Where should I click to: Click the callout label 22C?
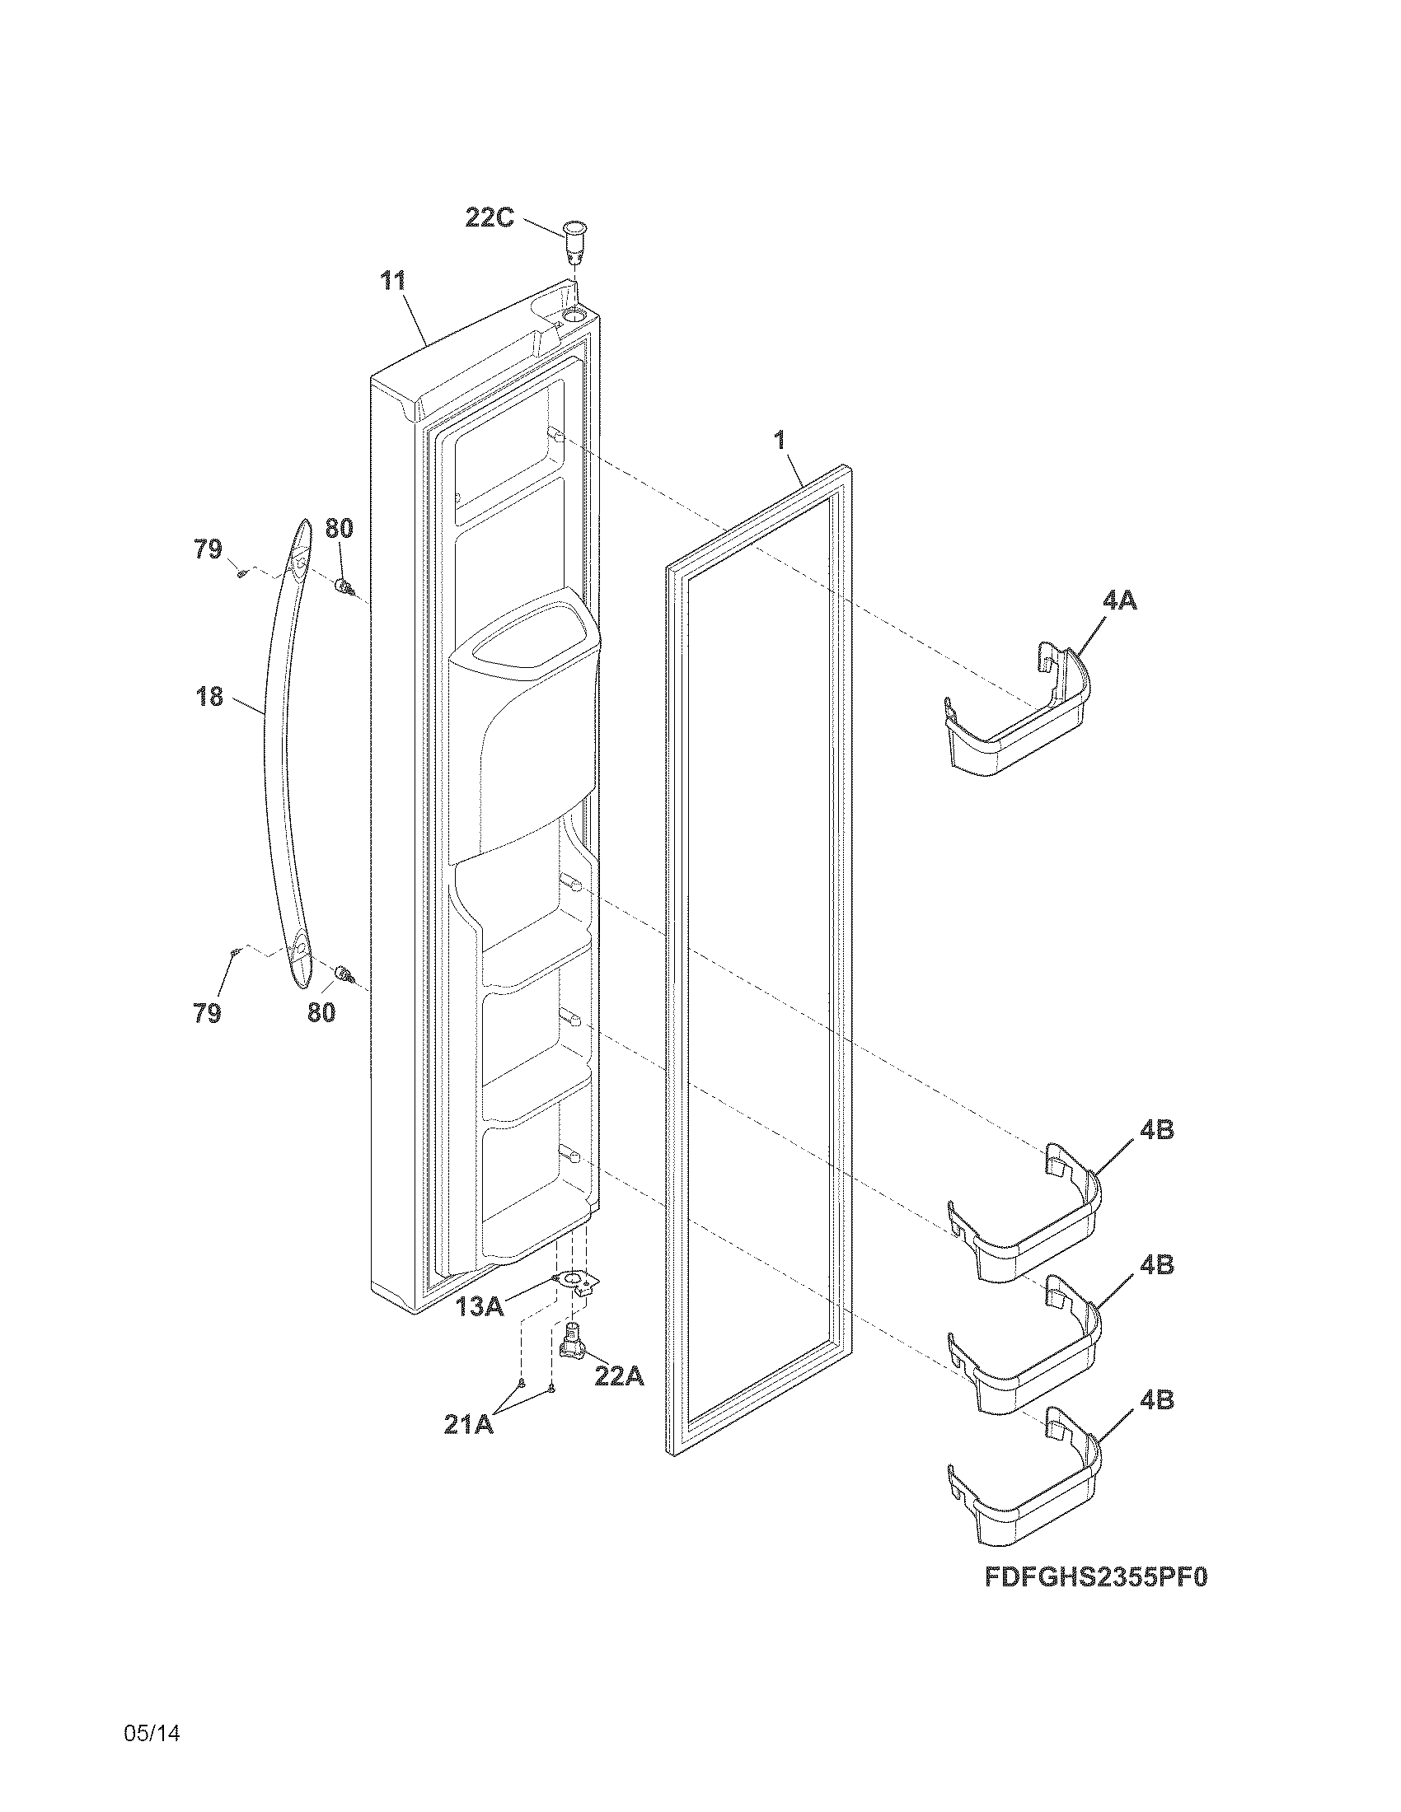pos(490,218)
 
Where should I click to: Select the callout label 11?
pos(392,281)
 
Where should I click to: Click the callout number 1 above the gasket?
pos(780,441)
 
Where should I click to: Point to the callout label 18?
pos(210,696)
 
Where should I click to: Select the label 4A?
pos(1119,600)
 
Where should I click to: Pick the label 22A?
pos(619,1375)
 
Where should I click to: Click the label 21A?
pos(468,1425)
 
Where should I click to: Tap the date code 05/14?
pos(152,1733)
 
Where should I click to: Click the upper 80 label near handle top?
pos(338,528)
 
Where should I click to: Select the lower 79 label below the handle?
pos(208,1012)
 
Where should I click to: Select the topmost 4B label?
pos(1156,1129)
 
